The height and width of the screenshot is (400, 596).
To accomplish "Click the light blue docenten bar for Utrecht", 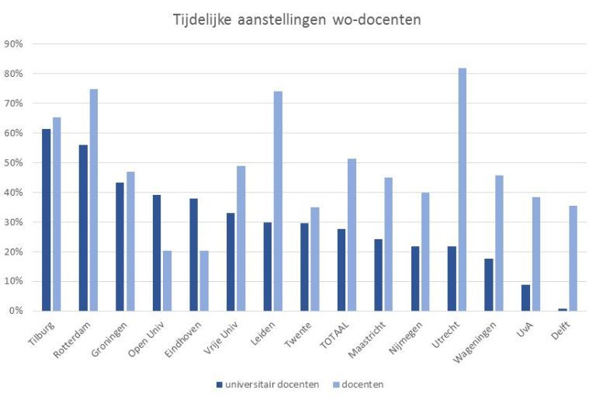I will pos(463,190).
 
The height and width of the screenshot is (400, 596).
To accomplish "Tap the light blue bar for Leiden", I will pos(278,201).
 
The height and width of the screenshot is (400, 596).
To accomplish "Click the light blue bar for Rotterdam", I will pos(93,200).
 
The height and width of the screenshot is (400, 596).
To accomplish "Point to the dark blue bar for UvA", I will pos(525,297).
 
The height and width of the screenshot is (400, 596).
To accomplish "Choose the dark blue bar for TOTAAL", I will pos(341,270).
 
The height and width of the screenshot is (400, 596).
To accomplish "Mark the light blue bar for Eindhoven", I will pos(204,280).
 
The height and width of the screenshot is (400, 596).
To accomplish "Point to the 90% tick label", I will pos(13,44).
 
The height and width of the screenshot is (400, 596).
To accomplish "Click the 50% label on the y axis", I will pos(13,163).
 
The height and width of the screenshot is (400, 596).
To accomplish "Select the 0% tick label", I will pos(16,311).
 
